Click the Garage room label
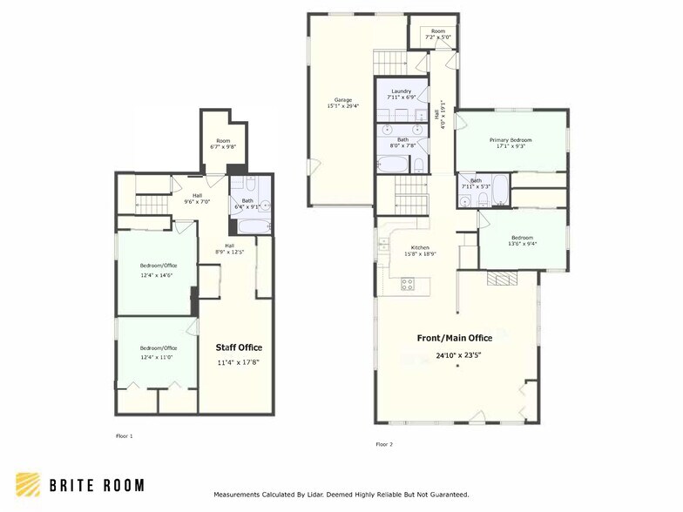point(343,99)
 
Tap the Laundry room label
point(401,91)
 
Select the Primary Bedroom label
point(510,139)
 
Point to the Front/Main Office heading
point(454,338)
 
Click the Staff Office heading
point(239,347)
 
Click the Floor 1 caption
point(125,435)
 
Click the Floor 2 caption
point(384,444)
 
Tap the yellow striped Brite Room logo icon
point(27,485)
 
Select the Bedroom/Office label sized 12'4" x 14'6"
point(157,266)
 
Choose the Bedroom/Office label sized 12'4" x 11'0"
point(157,347)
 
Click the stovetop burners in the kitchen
point(407,283)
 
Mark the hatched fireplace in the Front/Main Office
point(502,279)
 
